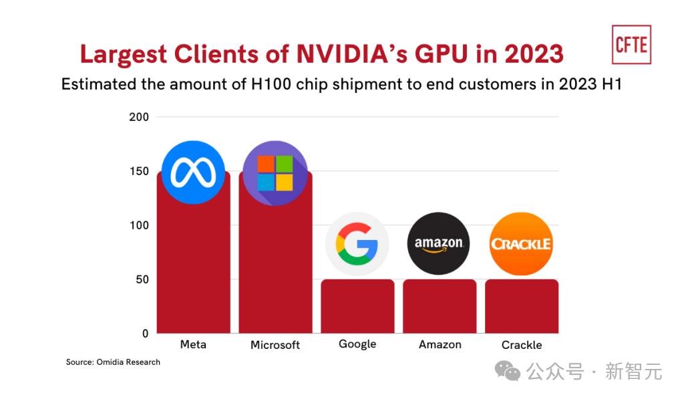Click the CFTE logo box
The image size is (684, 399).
pyautogui.click(x=631, y=44)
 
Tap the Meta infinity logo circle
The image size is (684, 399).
pyautogui.click(x=193, y=172)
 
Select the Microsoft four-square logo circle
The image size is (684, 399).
pyautogui.click(x=275, y=173)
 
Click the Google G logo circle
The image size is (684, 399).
pyautogui.click(x=357, y=244)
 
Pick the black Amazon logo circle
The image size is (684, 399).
pyautogui.click(x=439, y=244)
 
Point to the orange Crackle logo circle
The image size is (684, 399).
pyautogui.click(x=521, y=244)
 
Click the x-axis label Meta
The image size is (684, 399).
pyautogui.click(x=193, y=344)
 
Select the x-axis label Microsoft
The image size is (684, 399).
pyautogui.click(x=275, y=345)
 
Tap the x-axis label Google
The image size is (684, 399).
pyautogui.click(x=357, y=344)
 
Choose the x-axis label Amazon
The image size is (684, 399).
pyautogui.click(x=440, y=344)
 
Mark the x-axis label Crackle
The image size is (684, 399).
pyautogui.click(x=522, y=345)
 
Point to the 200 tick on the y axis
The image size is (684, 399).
pyautogui.click(x=139, y=117)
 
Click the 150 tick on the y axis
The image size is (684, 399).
pyautogui.click(x=139, y=171)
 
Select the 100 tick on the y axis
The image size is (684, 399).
pyautogui.click(x=139, y=225)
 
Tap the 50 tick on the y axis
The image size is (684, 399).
pyautogui.click(x=142, y=279)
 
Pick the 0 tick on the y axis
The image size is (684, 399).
pyautogui.click(x=145, y=334)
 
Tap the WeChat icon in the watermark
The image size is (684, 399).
pyautogui.click(x=512, y=371)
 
